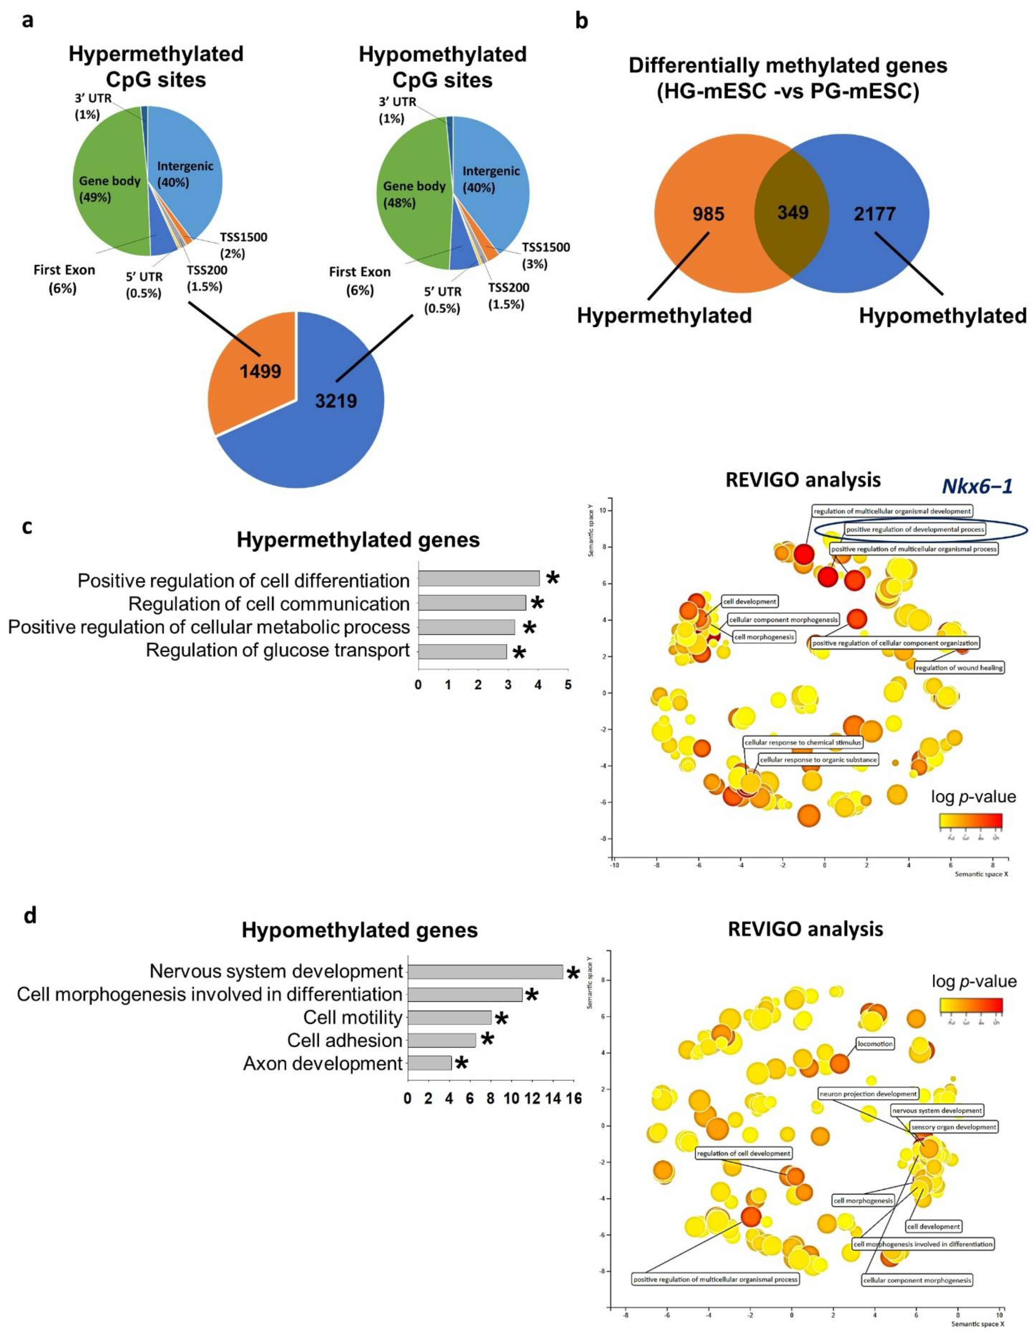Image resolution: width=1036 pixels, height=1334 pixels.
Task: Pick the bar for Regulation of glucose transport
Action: pyautogui.click(x=462, y=650)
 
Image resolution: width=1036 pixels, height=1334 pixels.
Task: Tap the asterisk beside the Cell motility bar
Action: pyautogui.click(x=501, y=1018)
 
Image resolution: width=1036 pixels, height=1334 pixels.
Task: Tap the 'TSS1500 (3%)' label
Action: pyautogui.click(x=545, y=255)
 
